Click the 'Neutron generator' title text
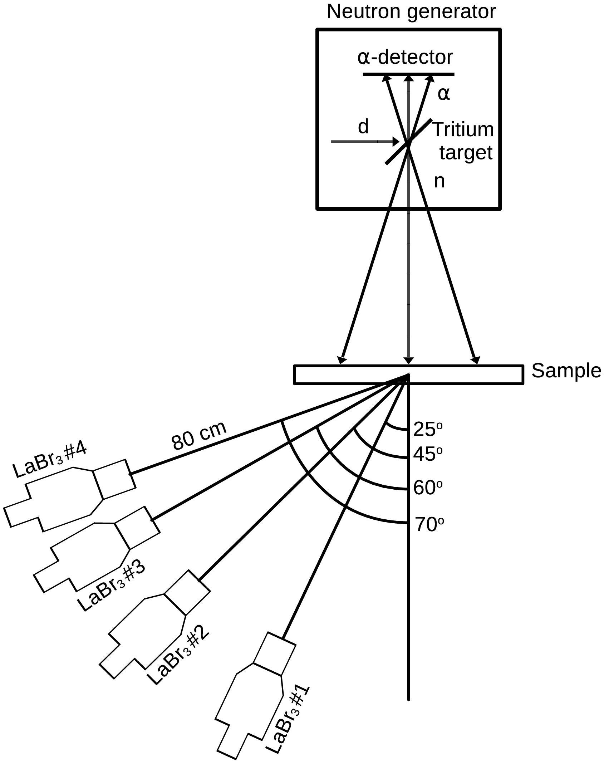(x=411, y=12)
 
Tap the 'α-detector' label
(x=405, y=57)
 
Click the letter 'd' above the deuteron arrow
(x=363, y=127)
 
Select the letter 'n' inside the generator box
(x=439, y=181)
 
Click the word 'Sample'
(x=566, y=371)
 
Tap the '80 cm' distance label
(x=199, y=435)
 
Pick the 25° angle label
(x=428, y=429)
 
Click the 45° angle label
(x=428, y=454)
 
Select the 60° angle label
(x=428, y=487)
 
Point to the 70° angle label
(x=429, y=525)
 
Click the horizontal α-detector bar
(x=408, y=74)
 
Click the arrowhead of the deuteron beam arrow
(x=396, y=142)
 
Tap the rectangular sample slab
(x=408, y=374)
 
